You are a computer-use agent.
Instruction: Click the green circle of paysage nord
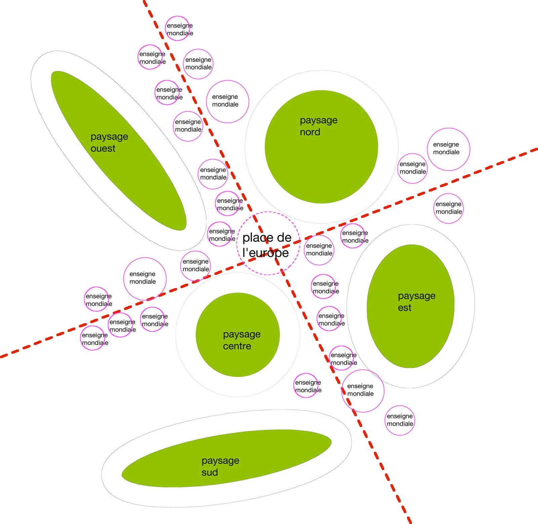click(321, 161)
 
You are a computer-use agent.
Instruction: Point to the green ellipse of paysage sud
click(269, 450)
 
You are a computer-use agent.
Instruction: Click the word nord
click(310, 132)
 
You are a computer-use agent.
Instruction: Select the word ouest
click(103, 149)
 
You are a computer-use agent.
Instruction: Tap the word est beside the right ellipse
click(405, 308)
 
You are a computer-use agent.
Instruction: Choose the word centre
click(237, 346)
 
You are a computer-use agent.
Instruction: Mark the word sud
click(209, 473)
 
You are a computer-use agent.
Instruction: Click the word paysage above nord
click(318, 120)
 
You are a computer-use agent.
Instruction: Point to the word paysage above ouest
click(109, 137)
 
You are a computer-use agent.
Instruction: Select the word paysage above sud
click(220, 460)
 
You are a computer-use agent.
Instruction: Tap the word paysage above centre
click(241, 334)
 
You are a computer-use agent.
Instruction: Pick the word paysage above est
click(417, 296)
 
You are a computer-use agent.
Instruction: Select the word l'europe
click(265, 253)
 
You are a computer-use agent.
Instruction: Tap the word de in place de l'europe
click(284, 238)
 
